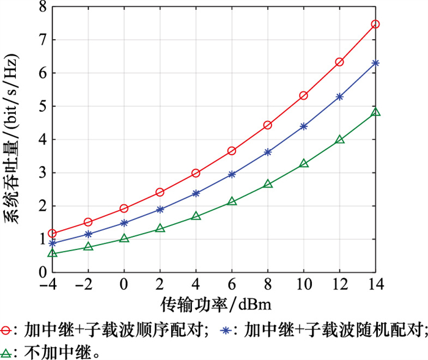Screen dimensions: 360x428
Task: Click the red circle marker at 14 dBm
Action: tap(375, 24)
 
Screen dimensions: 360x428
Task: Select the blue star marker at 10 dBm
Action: tap(304, 126)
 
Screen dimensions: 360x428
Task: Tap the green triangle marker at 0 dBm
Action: tap(124, 238)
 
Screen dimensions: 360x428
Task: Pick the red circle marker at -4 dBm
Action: tap(53, 233)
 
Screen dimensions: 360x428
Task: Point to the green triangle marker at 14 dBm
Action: tap(375, 112)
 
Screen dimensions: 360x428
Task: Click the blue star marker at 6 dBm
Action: tap(232, 174)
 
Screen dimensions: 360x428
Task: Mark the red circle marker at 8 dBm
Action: tap(268, 125)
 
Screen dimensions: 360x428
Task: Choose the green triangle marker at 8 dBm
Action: tap(268, 183)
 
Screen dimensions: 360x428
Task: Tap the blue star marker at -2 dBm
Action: tap(88, 234)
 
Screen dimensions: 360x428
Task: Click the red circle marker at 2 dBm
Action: tap(160, 192)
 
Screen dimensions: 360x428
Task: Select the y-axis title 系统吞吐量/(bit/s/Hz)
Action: tap(13, 147)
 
